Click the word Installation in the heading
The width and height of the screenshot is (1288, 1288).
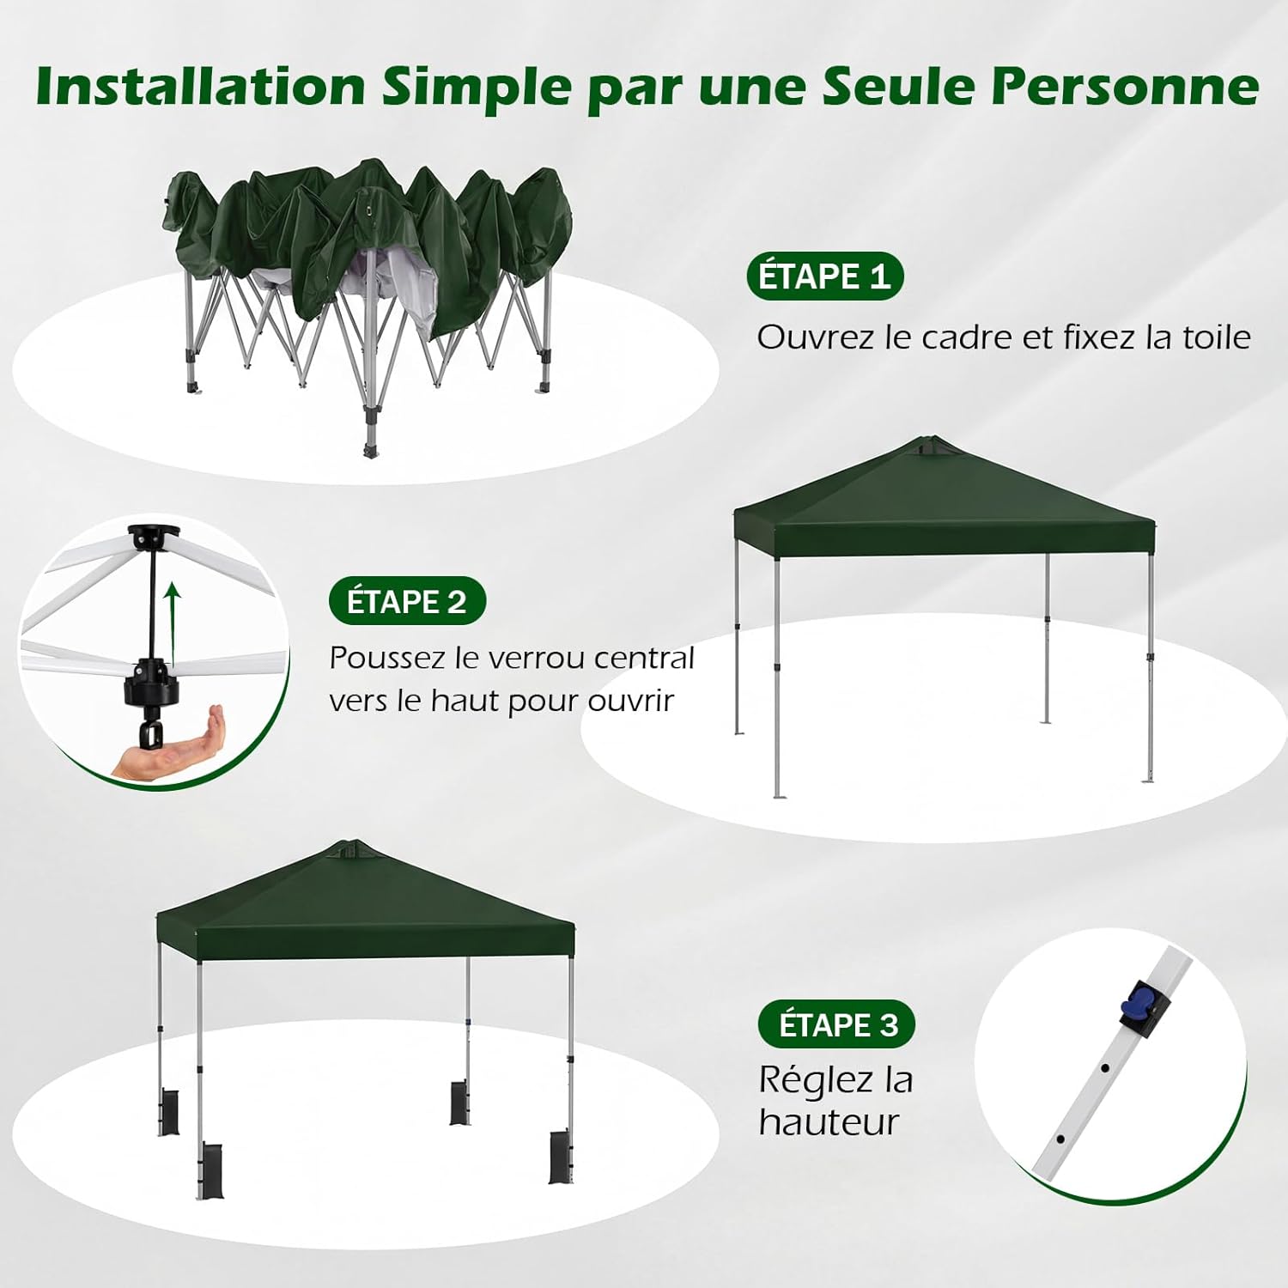pyautogui.click(x=201, y=86)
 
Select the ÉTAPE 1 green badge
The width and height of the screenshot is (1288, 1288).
pyautogui.click(x=824, y=276)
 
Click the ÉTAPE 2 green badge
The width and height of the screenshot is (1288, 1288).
pyautogui.click(x=407, y=601)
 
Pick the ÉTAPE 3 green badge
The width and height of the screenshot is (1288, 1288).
pyautogui.click(x=837, y=1024)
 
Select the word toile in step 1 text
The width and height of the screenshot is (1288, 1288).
pyautogui.click(x=1218, y=337)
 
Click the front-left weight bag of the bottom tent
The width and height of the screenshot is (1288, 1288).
pyautogui.click(x=210, y=1170)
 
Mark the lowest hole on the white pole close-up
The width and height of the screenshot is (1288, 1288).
pyautogui.click(x=1060, y=1139)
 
